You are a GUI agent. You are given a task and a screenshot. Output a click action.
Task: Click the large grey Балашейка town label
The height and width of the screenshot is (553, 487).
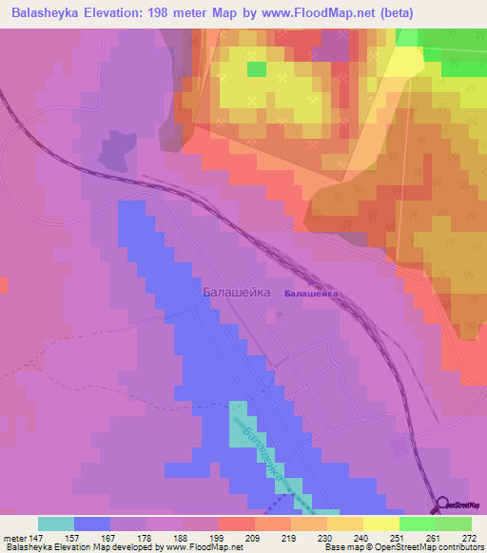[237, 294]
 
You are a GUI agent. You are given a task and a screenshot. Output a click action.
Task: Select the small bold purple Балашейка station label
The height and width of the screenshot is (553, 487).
[311, 295]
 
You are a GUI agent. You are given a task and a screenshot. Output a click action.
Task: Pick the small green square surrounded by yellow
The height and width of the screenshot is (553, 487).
[256, 68]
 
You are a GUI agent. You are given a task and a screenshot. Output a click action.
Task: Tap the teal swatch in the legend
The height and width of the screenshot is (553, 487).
[55, 523]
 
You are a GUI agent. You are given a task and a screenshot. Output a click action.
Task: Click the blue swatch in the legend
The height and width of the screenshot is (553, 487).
[91, 523]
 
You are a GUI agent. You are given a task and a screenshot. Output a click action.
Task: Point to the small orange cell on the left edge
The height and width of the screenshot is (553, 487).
[3, 285]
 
